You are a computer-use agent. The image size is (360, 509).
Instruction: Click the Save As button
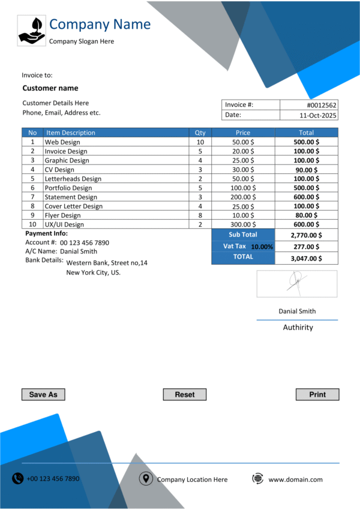tap(43, 394)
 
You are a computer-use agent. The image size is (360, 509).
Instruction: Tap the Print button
tap(317, 394)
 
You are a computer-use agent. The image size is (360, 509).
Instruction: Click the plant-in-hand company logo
tap(32, 31)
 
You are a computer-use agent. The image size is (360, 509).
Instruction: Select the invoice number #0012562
tap(322, 104)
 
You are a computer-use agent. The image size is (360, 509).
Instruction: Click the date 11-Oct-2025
tap(318, 115)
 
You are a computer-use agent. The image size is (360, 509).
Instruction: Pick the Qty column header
tap(200, 133)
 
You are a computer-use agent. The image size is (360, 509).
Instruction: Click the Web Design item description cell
tap(62, 142)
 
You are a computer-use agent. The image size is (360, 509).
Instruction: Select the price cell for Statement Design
tap(242, 197)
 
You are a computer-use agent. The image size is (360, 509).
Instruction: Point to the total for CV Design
tap(307, 170)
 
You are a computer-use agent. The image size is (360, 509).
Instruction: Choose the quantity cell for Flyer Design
tap(200, 215)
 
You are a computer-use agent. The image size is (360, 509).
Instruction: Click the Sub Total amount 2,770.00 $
tap(306, 235)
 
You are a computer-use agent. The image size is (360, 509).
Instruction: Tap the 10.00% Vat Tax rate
tap(262, 247)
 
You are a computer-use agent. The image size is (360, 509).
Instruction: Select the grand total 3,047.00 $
tap(306, 258)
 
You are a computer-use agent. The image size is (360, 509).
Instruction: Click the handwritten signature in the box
tap(295, 283)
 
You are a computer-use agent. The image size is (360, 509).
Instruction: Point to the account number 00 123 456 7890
tap(85, 242)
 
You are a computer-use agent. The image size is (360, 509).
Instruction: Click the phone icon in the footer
tap(18, 478)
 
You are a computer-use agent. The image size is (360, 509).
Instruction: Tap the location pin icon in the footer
tap(145, 478)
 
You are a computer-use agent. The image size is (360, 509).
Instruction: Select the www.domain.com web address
tap(295, 480)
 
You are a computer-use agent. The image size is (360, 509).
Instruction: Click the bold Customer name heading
tap(50, 88)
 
